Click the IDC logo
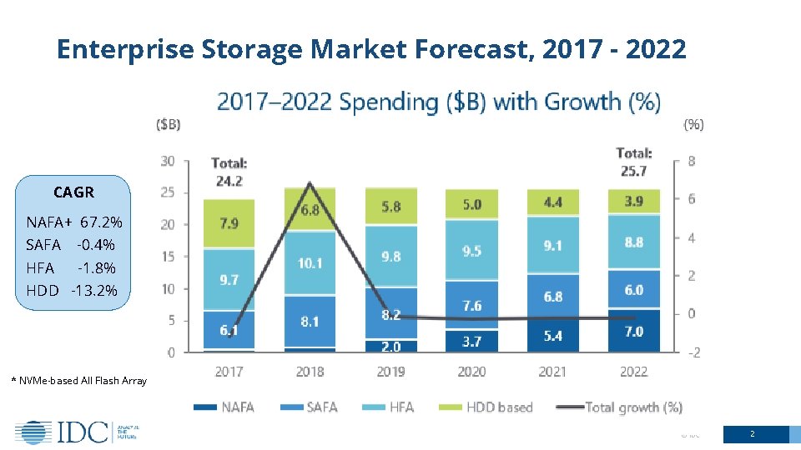pyautogui.click(x=76, y=432)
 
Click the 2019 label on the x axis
pyautogui.click(x=390, y=372)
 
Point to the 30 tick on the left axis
pyautogui.click(x=168, y=161)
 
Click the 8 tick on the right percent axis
pyautogui.click(x=691, y=161)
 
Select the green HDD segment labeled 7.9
pyautogui.click(x=229, y=223)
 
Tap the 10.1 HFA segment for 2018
pyautogui.click(x=310, y=262)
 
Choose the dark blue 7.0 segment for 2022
pyautogui.click(x=634, y=331)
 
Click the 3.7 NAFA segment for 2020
pyautogui.click(x=471, y=340)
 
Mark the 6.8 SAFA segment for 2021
pyautogui.click(x=552, y=297)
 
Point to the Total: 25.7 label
pyautogui.click(x=633, y=162)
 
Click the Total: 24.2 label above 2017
pyautogui.click(x=229, y=171)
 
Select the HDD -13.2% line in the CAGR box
pyautogui.click(x=72, y=291)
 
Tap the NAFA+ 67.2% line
pyautogui.click(x=74, y=222)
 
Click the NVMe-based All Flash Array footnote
pyautogui.click(x=78, y=381)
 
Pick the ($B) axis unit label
pyautogui.click(x=169, y=125)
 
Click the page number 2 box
pyautogui.click(x=753, y=434)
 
